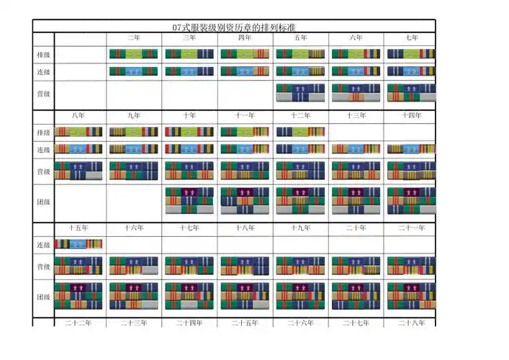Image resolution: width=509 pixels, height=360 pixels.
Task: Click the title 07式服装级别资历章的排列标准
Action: point(234,27)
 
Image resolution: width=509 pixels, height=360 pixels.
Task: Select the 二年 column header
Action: point(134,37)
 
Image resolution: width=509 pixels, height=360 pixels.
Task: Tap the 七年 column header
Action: point(411,37)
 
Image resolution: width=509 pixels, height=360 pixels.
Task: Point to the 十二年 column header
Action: point(300,115)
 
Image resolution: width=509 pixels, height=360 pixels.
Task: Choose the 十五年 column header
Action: point(78,228)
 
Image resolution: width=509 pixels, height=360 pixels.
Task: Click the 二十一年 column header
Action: point(411,228)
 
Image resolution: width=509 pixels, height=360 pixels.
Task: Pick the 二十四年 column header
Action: point(189,323)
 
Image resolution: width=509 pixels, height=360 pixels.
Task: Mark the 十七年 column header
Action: point(189,228)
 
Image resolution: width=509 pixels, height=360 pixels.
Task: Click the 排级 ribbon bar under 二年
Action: point(133,54)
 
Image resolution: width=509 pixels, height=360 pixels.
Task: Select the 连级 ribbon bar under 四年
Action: point(244,71)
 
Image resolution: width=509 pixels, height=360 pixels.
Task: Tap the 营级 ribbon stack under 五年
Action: point(300,93)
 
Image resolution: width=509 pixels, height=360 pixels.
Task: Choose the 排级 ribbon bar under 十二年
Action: point(300,132)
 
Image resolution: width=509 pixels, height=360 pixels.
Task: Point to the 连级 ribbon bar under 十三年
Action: point(356,149)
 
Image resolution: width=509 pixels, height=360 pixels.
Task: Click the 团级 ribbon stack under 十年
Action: point(189,201)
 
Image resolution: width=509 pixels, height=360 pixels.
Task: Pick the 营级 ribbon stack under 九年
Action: point(133,171)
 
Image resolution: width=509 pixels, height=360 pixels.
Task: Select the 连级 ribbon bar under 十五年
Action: point(78,245)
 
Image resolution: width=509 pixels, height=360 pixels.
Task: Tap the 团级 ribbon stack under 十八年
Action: point(245,296)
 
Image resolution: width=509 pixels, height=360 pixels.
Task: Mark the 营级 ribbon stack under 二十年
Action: point(356,266)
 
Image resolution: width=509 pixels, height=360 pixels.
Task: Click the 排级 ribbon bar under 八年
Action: point(78,132)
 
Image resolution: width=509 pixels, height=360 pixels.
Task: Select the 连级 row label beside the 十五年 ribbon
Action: point(43,246)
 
